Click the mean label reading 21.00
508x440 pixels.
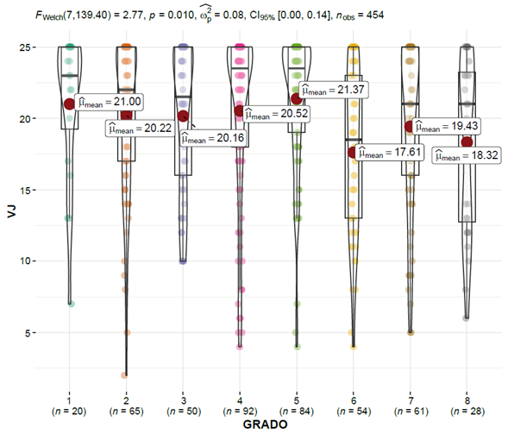[x=110, y=102]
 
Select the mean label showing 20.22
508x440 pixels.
[x=140, y=129]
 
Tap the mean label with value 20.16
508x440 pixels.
[x=213, y=138]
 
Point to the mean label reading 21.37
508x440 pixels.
[x=334, y=90]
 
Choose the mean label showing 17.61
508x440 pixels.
[x=390, y=153]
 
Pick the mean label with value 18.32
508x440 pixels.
[x=467, y=155]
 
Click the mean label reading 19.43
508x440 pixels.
[x=446, y=126]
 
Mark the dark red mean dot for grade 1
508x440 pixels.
[x=69, y=104]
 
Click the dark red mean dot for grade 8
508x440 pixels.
[x=467, y=141]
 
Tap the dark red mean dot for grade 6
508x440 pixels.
[x=353, y=153]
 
